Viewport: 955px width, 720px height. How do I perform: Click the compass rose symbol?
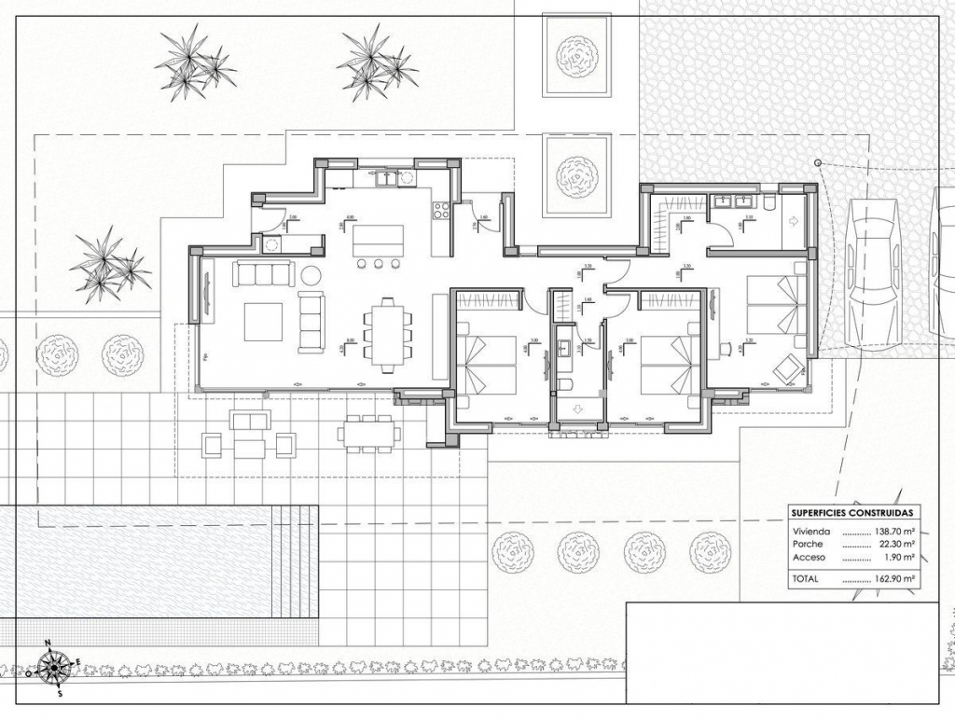(56, 667)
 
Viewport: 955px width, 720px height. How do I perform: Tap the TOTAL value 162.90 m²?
(893, 579)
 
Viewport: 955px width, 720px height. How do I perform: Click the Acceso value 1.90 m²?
(898, 557)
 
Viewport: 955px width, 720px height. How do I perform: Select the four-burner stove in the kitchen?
(442, 210)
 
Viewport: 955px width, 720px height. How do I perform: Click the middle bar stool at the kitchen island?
(380, 264)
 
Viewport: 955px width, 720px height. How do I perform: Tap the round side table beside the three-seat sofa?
(311, 275)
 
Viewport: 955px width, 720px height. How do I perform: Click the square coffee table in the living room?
(263, 322)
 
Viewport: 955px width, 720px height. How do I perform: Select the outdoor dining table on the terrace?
(369, 434)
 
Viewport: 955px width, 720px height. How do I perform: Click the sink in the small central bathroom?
(564, 349)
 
